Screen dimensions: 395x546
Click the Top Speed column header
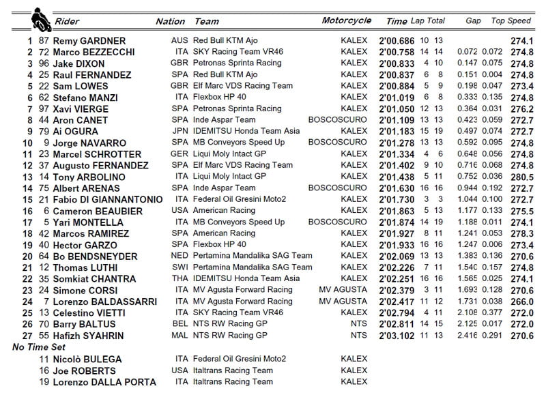click(511, 21)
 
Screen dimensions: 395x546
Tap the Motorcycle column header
click(346, 21)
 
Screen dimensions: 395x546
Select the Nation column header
click(170, 21)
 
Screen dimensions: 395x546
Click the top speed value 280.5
click(522, 177)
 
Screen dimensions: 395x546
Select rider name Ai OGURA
click(80, 132)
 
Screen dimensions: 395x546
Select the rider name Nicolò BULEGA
click(91, 359)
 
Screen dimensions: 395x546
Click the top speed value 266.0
click(522, 302)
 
